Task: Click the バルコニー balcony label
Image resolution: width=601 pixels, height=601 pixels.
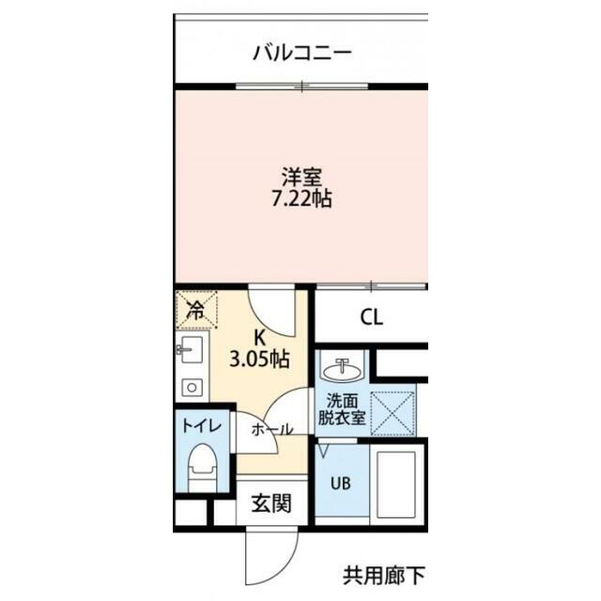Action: [302, 53]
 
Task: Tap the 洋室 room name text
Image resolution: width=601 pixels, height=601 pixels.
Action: [301, 177]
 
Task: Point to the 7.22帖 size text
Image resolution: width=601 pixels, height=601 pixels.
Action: [301, 199]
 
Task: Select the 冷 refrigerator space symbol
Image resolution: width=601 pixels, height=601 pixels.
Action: [196, 310]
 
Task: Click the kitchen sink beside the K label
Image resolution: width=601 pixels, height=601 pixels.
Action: [192, 349]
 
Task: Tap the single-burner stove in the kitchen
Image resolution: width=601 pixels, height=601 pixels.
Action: [192, 388]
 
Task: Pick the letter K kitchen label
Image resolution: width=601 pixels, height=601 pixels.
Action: [260, 338]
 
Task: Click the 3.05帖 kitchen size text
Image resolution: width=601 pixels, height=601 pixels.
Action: [259, 360]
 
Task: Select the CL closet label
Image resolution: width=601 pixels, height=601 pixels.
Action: [372, 317]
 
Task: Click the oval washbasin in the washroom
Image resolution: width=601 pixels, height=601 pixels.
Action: [342, 370]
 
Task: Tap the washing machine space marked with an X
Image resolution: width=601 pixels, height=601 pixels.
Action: [393, 413]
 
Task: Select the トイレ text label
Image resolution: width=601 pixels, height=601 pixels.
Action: [202, 425]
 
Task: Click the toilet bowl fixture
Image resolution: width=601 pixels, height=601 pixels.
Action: [203, 468]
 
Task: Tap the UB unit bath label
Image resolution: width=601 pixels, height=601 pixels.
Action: [341, 484]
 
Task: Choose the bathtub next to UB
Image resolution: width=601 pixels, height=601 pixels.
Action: [396, 485]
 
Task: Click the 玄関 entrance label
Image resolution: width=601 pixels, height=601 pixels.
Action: [271, 503]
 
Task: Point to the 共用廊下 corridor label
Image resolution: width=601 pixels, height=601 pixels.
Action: [384, 575]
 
